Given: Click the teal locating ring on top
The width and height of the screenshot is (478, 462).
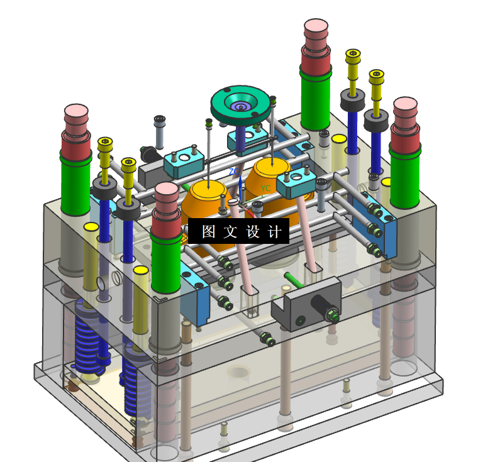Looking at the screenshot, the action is pos(240,105).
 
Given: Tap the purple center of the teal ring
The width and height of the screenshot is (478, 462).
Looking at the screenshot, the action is pos(240,107).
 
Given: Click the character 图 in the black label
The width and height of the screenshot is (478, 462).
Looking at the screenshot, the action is pos(209,231).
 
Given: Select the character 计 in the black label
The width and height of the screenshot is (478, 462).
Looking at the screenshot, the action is pos(275,231).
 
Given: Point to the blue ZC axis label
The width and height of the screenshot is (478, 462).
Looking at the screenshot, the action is pos(234,172).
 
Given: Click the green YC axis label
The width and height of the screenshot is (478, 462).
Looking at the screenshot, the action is pos(265,189).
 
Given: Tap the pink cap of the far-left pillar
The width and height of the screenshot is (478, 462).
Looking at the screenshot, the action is pos(76,114).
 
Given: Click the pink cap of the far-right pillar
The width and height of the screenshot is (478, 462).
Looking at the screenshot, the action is pos(405,107).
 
